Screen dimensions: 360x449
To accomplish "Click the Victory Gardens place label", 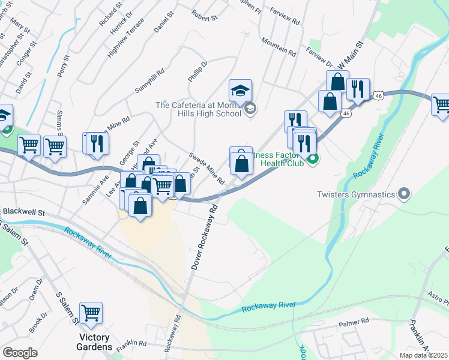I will click(94, 343).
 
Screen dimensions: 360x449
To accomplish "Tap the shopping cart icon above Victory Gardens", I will click(91, 313).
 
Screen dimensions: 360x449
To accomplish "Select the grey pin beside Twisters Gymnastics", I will click(404, 194).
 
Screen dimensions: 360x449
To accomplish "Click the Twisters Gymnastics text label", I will click(357, 194).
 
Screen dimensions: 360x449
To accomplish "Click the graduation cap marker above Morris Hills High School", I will click(240, 91).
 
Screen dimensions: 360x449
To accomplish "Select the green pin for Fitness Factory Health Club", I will click(312, 160).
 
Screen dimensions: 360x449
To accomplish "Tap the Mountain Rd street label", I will click(279, 48).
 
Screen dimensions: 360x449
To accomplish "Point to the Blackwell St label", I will click(24, 212).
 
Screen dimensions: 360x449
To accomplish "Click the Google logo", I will click(20, 352).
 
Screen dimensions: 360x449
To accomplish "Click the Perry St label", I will click(62, 65).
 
